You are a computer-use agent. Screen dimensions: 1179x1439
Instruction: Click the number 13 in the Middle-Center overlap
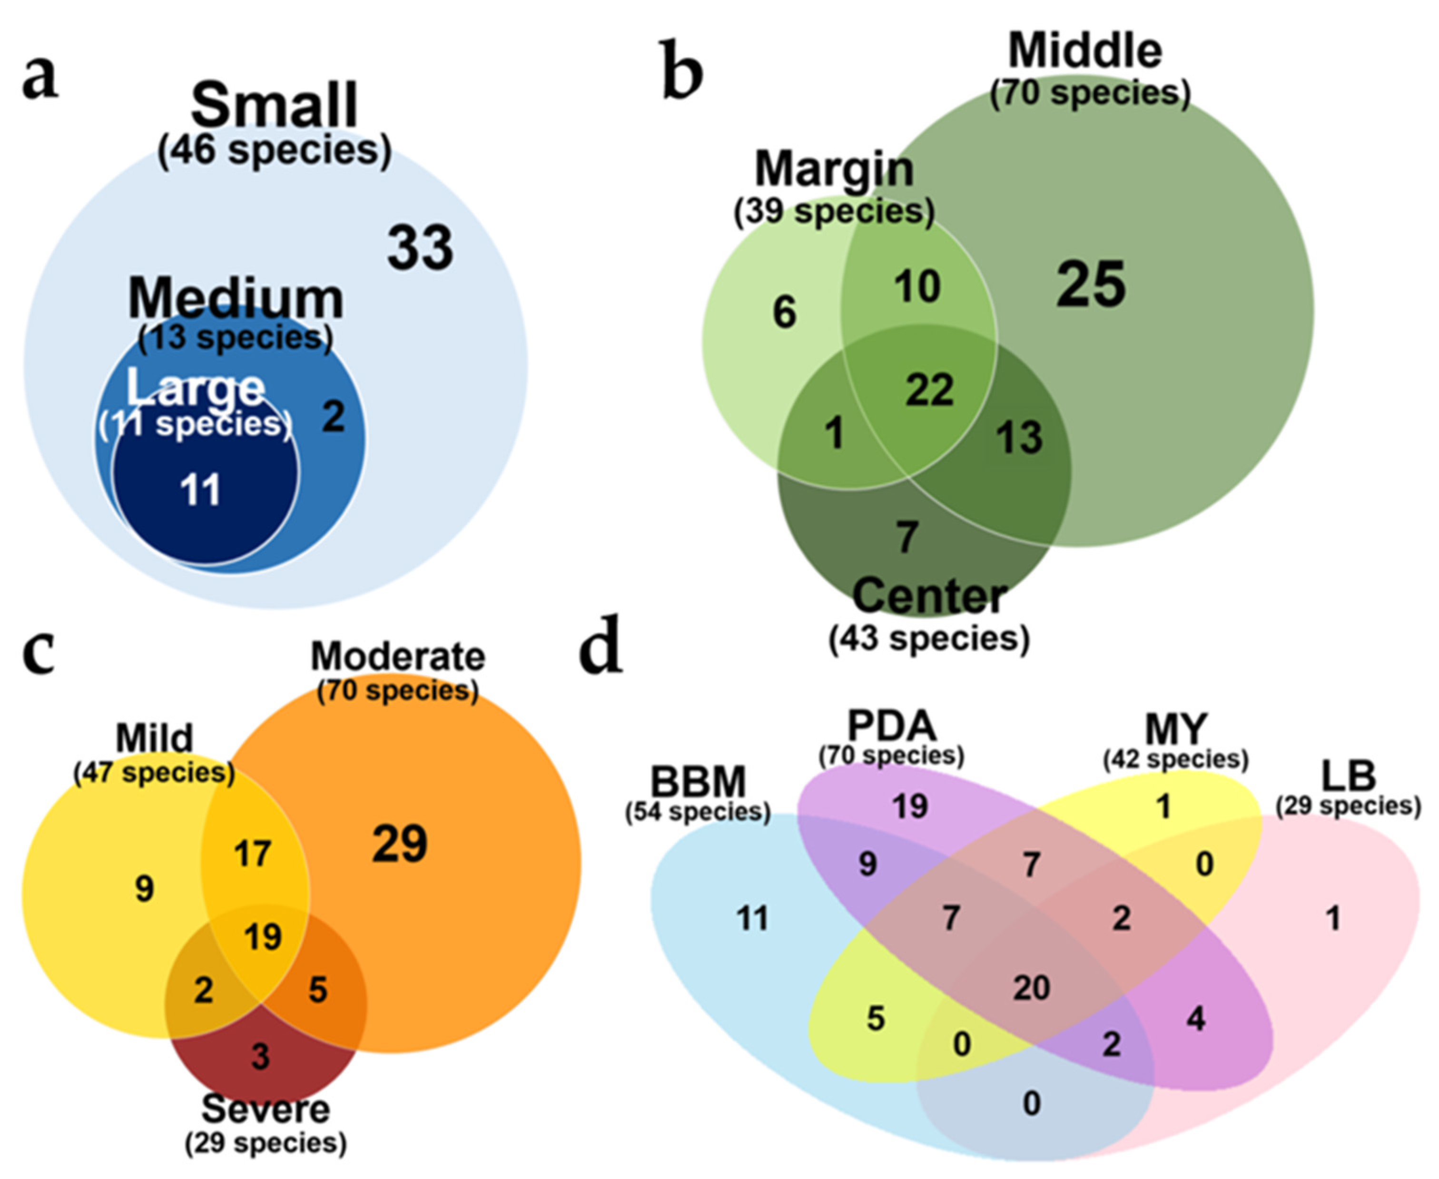[1019, 437]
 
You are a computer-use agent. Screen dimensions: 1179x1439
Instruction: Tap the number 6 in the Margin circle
[784, 313]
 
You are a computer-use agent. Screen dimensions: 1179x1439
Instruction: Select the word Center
[929, 596]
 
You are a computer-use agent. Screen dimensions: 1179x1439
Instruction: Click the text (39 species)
[834, 212]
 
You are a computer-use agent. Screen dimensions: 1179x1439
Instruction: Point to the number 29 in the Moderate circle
[400, 844]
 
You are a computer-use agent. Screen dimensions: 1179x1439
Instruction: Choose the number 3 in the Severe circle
[261, 1056]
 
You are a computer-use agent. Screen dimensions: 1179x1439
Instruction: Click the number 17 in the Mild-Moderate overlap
[253, 854]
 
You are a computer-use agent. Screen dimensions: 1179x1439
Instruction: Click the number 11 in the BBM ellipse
[752, 919]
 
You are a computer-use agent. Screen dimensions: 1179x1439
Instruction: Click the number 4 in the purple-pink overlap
[1196, 1019]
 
